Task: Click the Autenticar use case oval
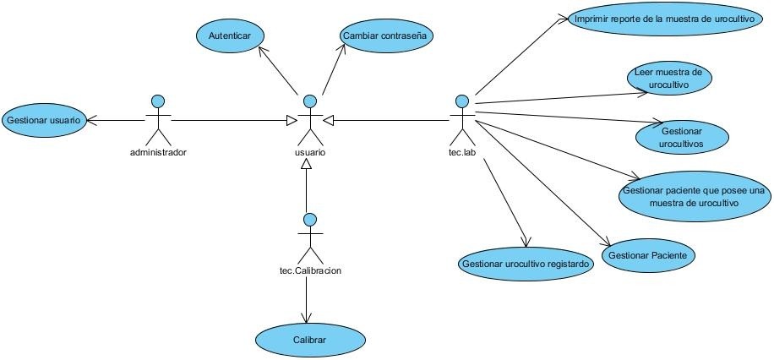tap(230, 36)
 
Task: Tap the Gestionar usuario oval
tap(43, 120)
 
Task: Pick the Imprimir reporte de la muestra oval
tap(657, 19)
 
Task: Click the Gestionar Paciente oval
tap(648, 254)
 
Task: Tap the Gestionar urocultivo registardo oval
tap(526, 263)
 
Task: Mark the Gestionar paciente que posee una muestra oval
tap(692, 196)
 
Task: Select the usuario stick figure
tap(311, 119)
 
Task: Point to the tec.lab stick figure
tap(461, 119)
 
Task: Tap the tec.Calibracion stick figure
tap(310, 237)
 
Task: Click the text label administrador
tap(158, 153)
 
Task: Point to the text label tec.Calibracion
tap(310, 271)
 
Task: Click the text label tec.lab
tap(461, 153)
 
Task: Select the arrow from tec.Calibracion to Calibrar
tap(306, 298)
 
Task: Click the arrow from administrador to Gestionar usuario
tap(117, 121)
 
